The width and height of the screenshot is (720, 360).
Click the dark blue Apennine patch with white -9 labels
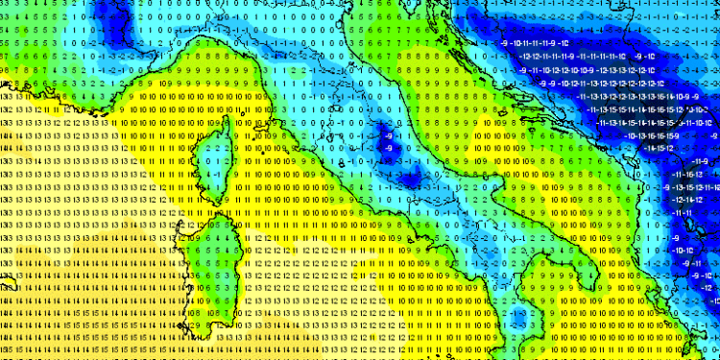[413, 178]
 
